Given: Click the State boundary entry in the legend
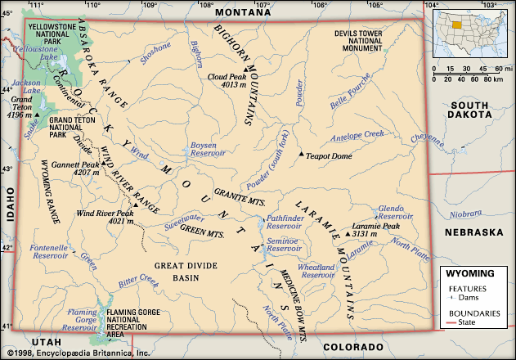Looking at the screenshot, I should (477, 323).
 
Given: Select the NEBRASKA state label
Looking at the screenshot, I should (473, 233).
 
